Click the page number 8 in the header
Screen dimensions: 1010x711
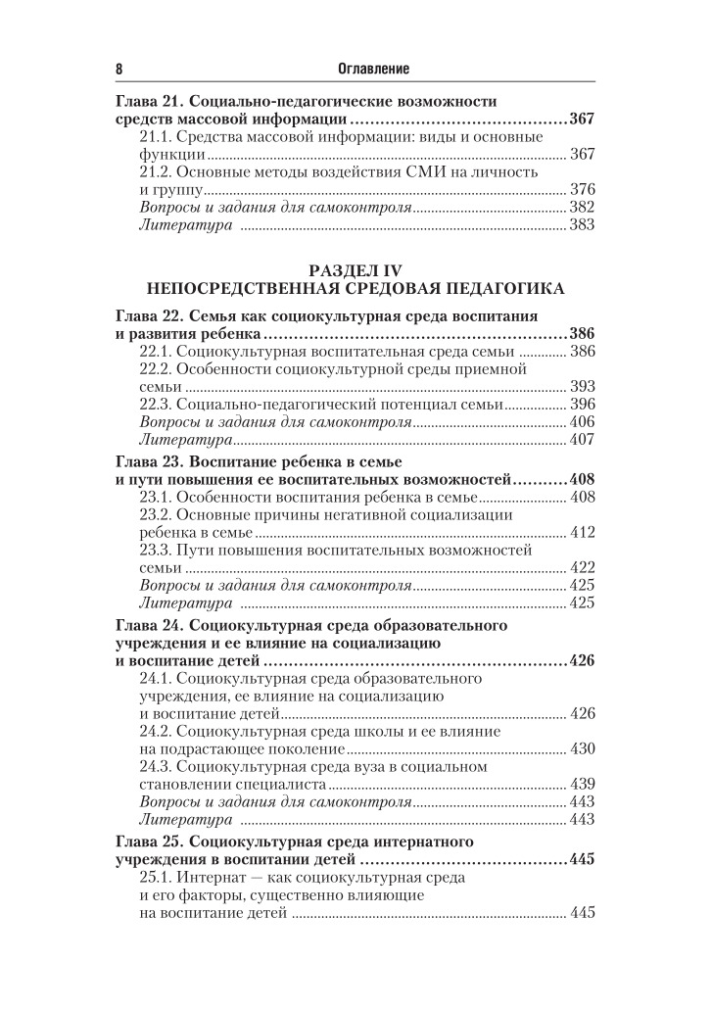tap(119, 69)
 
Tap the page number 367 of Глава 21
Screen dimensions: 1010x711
tap(582, 120)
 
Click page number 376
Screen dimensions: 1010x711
tap(583, 190)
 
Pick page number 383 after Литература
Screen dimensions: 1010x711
tap(583, 225)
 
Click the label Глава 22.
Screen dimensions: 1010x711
tap(147, 316)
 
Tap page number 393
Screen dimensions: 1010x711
tap(583, 387)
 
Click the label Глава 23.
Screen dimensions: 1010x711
tap(147, 461)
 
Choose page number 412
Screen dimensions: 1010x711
tap(583, 532)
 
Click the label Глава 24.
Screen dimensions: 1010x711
tap(147, 624)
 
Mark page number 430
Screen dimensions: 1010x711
tap(583, 749)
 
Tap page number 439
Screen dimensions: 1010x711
tap(583, 785)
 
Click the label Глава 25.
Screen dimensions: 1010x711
tap(147, 842)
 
